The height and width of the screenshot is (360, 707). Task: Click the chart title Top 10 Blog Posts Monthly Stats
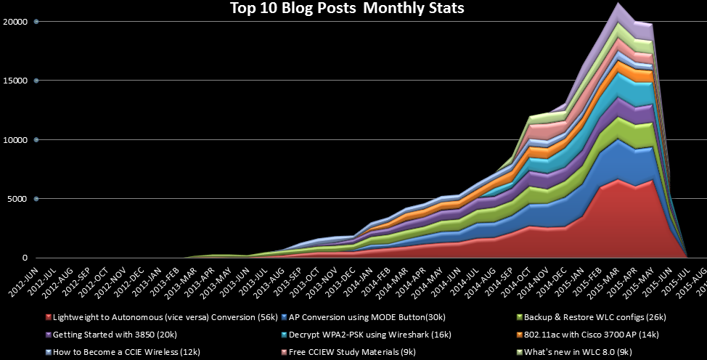(346, 9)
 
